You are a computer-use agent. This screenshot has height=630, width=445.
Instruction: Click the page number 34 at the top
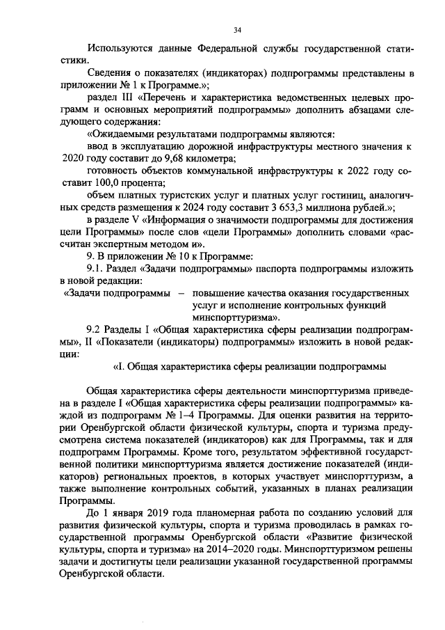point(238,29)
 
